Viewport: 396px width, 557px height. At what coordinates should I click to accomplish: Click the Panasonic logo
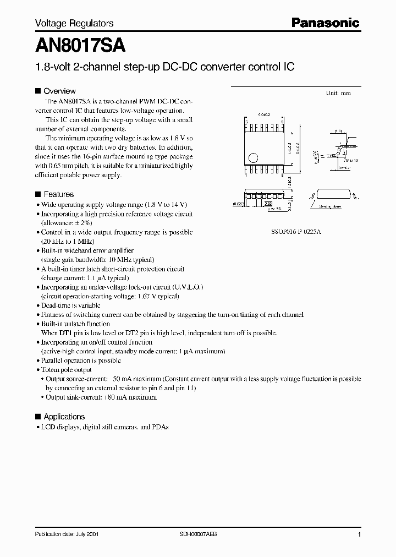coord(325,23)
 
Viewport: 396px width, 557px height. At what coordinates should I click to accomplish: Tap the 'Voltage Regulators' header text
coord(74,23)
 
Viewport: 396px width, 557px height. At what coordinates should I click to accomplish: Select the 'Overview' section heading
coord(59,91)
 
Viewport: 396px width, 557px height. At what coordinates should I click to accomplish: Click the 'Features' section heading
coord(58,194)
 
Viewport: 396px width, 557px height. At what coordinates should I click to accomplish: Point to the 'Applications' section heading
coord(64,417)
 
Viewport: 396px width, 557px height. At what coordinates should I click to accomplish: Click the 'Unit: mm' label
coord(338,93)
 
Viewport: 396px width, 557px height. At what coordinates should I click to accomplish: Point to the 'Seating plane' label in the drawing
coord(329,207)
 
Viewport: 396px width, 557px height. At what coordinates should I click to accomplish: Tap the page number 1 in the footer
coord(359,534)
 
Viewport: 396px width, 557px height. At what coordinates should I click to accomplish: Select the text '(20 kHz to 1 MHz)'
coord(68,242)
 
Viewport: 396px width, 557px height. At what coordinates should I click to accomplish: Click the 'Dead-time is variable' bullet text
coord(70,305)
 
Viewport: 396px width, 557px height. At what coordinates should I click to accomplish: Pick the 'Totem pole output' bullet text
coord(67,370)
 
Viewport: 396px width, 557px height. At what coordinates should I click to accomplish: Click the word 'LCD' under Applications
coord(48,427)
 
